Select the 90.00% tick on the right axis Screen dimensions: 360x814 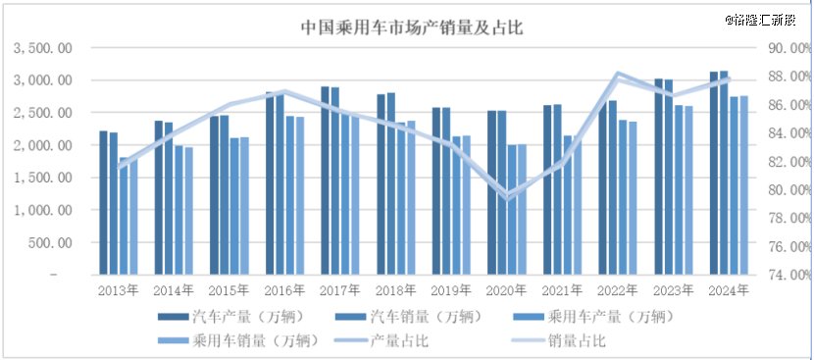pos(782,48)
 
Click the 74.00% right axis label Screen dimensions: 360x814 pos(782,275)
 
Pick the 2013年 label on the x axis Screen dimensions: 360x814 pos(118,289)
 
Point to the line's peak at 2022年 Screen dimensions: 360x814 pos(618,75)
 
